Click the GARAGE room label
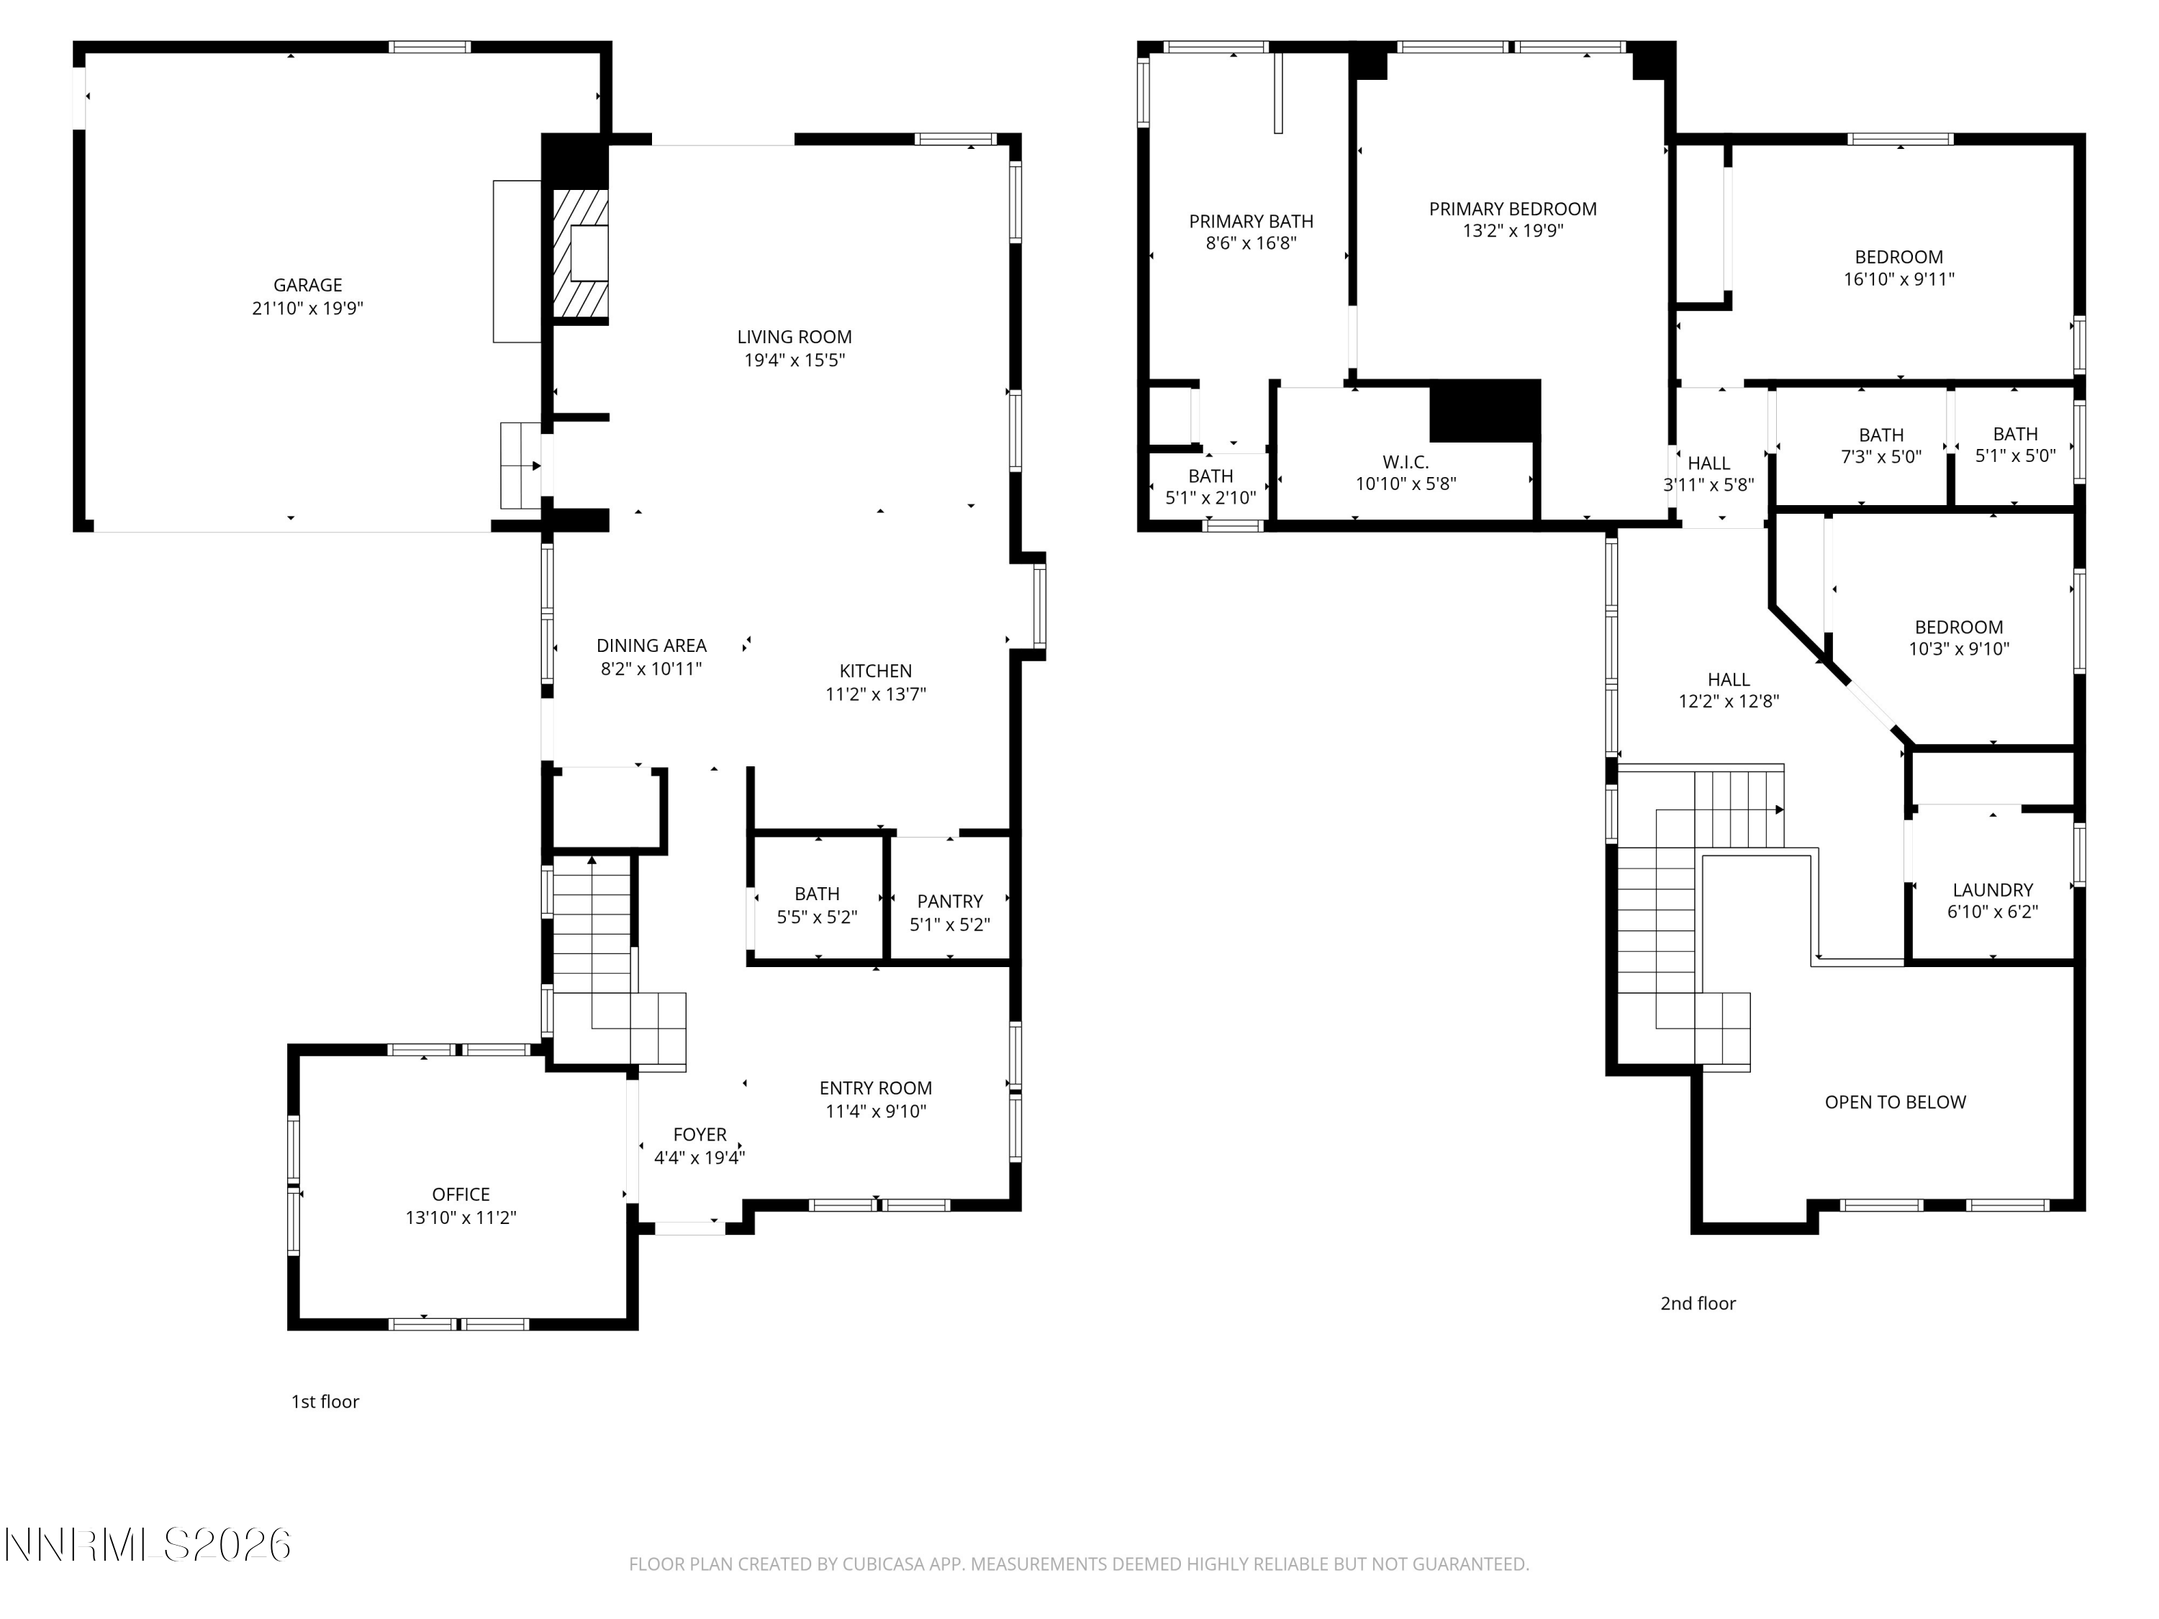click(307, 285)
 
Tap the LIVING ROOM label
click(795, 337)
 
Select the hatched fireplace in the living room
click(581, 254)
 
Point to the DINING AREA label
click(651, 645)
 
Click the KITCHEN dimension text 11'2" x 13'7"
click(876, 694)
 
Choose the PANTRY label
click(950, 902)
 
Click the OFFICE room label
click(461, 1194)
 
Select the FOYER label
click(700, 1135)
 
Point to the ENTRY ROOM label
click(876, 1088)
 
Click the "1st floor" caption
click(325, 1402)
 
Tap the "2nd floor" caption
click(1698, 1303)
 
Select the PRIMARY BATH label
click(1252, 222)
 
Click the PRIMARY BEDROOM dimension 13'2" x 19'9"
click(1513, 231)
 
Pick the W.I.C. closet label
click(1406, 463)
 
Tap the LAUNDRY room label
click(1993, 890)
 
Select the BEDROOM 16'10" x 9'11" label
click(1899, 268)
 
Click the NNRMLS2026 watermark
click(148, 1545)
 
